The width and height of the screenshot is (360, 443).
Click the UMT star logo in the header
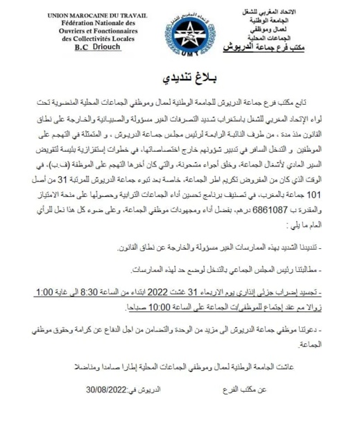pos(179,34)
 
